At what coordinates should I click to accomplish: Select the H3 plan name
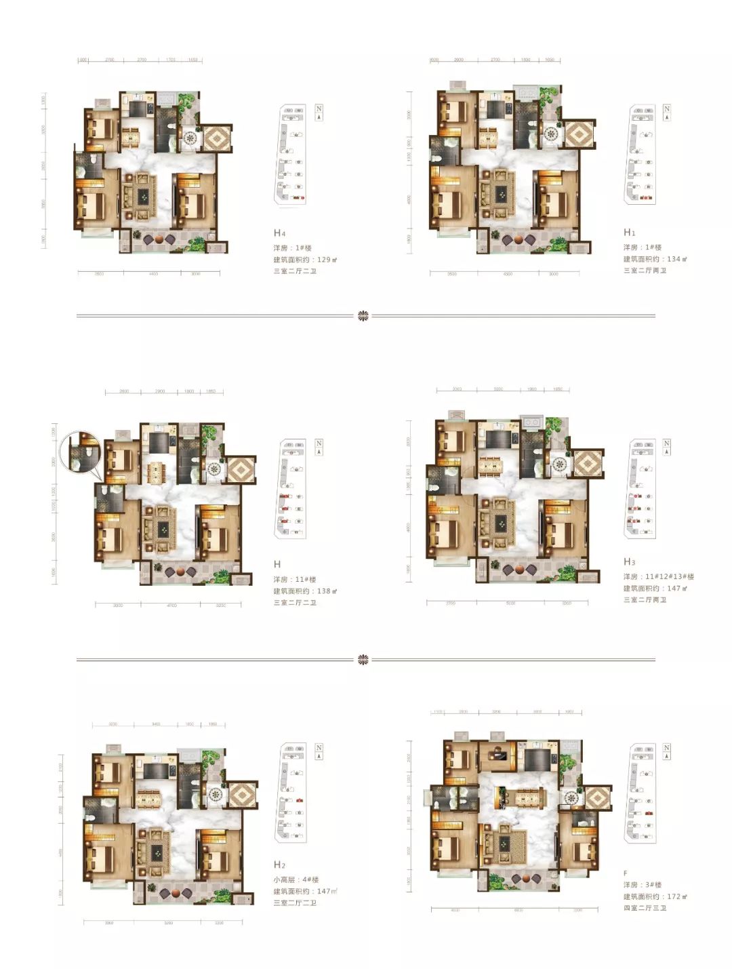point(630,562)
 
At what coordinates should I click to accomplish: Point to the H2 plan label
point(279,865)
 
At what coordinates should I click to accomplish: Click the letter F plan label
point(626,873)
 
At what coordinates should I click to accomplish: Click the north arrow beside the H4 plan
point(319,113)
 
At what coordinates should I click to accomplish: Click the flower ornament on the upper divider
point(363,315)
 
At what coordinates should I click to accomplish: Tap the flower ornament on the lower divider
point(363,659)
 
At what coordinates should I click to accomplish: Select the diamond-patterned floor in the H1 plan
point(577,134)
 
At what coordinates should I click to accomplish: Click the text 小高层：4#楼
point(296,879)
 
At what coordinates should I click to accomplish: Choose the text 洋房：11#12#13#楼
point(659,576)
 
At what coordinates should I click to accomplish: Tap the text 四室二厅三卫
point(645,908)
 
